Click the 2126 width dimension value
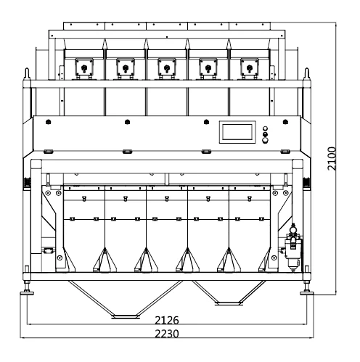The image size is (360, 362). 167,320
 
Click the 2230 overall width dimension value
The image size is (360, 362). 167,334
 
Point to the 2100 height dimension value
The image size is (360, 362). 332,158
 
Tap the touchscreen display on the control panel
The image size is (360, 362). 237,132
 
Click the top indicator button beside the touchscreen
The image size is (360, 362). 266,128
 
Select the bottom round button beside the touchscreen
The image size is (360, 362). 266,140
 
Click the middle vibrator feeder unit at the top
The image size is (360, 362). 167,68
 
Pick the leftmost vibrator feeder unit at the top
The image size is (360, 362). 84,68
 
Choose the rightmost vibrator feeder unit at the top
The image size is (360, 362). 250,68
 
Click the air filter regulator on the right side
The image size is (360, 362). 293,248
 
